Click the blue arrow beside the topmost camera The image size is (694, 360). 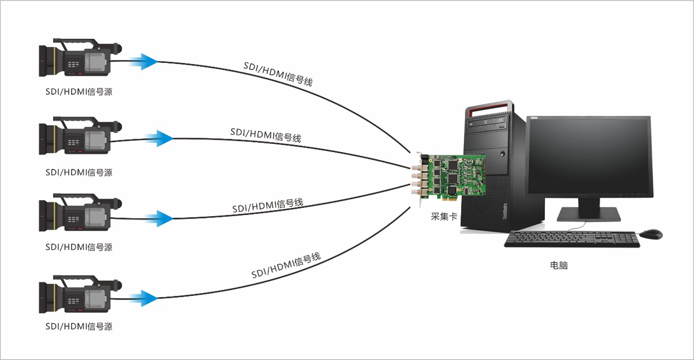[x=143, y=60]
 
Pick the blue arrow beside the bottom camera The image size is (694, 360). [x=143, y=298]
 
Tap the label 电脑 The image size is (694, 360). [x=558, y=266]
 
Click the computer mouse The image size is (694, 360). [x=650, y=234]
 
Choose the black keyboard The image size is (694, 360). [x=572, y=239]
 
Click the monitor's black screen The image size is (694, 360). [x=588, y=156]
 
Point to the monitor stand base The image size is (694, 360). [x=589, y=215]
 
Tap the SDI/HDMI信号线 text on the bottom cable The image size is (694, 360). [x=286, y=266]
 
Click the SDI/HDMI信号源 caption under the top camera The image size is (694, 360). [x=79, y=92]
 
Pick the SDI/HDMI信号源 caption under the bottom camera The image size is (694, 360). [x=79, y=327]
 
